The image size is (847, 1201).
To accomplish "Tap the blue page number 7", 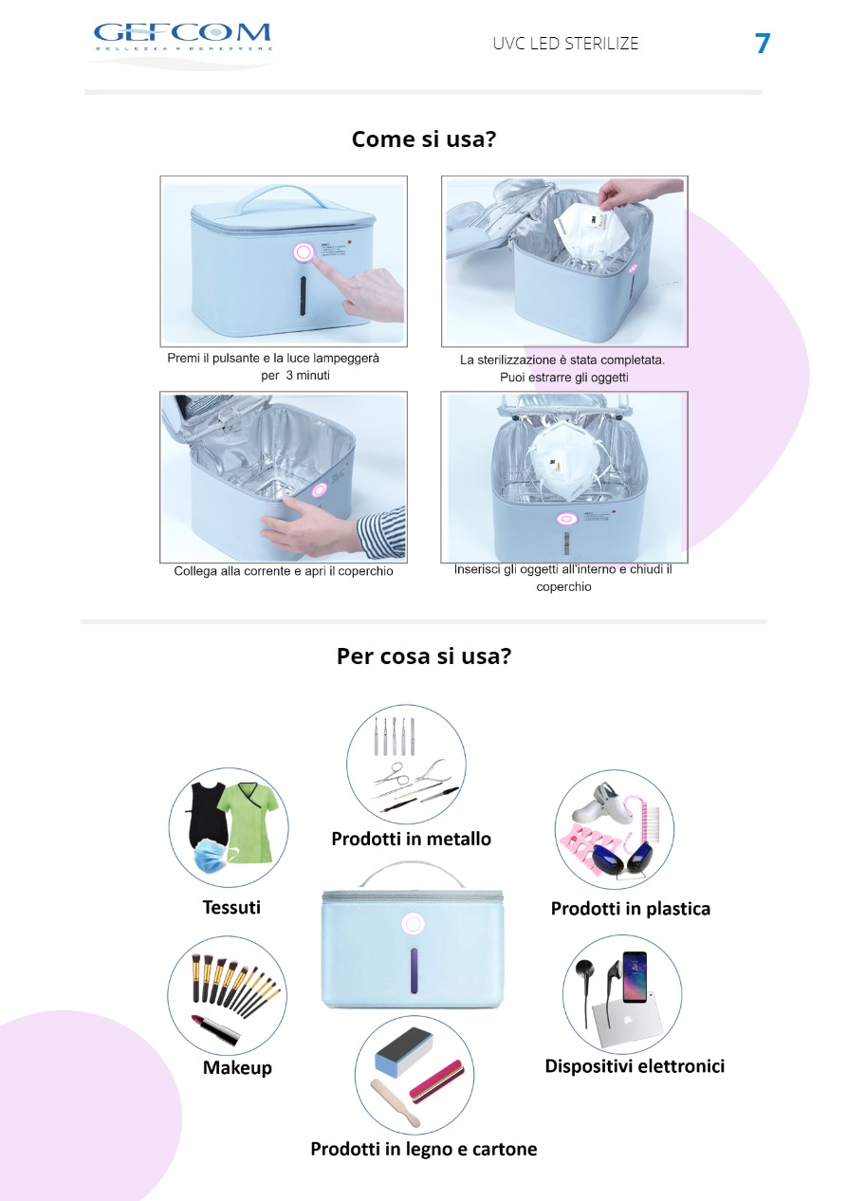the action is coord(763,44).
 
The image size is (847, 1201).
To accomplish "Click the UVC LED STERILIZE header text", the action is coord(565,44).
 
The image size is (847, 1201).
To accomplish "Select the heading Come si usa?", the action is coord(423,139).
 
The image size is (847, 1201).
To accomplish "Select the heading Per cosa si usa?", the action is coord(423,656).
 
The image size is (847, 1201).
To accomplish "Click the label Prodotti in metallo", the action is coord(412,839).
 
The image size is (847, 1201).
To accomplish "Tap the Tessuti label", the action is coord(231,907).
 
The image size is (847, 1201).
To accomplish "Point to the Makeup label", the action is coord(237,1067).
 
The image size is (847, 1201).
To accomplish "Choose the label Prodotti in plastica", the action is coord(631,908).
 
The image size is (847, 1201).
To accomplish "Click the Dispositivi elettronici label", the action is coord(635,1066).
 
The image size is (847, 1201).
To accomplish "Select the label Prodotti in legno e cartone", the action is coord(423,1149).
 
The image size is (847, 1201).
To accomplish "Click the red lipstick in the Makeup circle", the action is coord(215,1029).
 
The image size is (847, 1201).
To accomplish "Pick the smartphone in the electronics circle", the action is coord(635,977).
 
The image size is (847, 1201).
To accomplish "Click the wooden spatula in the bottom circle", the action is coord(396,1100).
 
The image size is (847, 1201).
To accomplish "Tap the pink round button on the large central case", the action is coord(414,924).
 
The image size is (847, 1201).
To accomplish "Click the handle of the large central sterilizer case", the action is coord(412,874).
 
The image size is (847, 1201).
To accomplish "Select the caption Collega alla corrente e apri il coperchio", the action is coord(284,571).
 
